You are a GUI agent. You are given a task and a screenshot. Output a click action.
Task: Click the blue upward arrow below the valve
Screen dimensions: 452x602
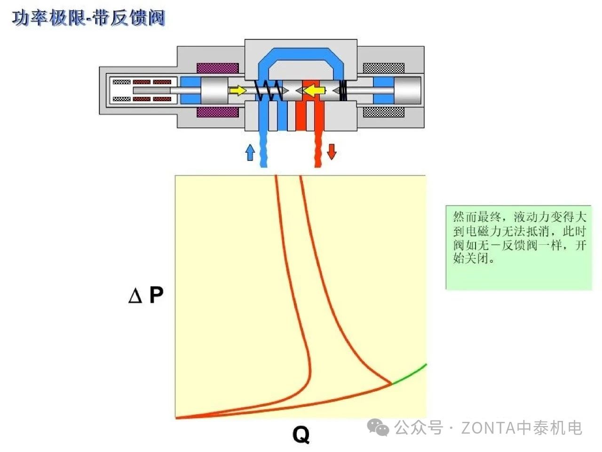tap(250, 152)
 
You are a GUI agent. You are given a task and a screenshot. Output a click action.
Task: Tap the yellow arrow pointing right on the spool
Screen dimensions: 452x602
tap(238, 90)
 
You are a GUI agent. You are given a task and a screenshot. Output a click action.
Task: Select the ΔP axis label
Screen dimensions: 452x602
tap(146, 296)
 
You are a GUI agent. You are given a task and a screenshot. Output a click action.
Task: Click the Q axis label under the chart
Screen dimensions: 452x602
tap(301, 434)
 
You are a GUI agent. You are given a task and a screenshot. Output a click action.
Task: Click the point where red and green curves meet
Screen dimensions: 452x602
tap(392, 384)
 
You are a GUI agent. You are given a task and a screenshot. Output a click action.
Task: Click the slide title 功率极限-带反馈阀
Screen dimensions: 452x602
tap(88, 18)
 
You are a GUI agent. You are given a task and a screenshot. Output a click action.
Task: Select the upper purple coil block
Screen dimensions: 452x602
tap(217, 68)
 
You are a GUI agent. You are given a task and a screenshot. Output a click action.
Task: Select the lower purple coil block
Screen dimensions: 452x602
tap(217, 112)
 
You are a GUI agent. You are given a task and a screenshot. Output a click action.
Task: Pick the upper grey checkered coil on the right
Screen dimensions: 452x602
tap(383, 68)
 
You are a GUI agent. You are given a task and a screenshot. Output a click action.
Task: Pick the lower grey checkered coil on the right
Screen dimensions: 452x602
tap(383, 112)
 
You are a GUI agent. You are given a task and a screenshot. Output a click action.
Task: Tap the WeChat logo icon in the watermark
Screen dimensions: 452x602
tap(378, 428)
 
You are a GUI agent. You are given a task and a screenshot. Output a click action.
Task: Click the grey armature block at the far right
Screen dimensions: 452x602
tap(407, 90)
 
